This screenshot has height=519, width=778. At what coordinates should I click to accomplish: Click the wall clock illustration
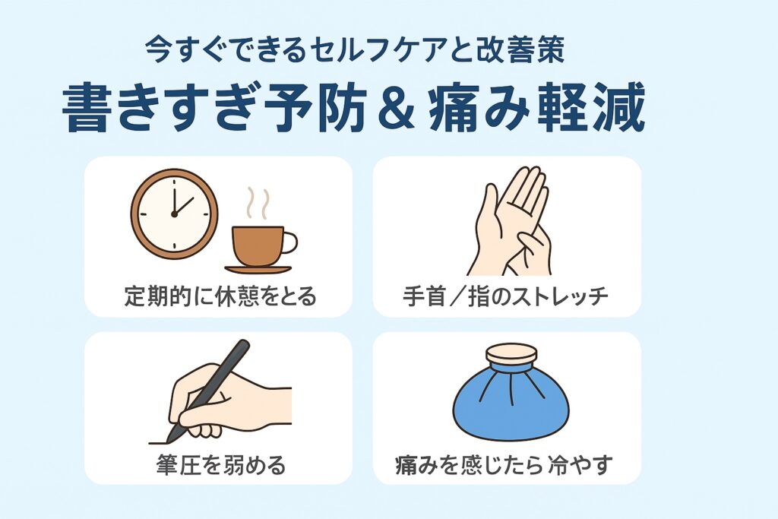point(174,214)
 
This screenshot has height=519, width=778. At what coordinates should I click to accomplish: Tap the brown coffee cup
point(258,246)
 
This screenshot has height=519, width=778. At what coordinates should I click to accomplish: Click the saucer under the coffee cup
point(258,270)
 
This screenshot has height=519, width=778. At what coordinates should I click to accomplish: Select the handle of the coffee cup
point(290,242)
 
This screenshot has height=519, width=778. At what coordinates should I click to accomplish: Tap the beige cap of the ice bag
point(511,354)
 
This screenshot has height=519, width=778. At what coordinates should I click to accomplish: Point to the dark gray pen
point(208,391)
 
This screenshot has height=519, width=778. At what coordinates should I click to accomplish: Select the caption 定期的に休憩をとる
point(220,296)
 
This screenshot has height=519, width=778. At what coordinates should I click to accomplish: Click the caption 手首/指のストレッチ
point(505,296)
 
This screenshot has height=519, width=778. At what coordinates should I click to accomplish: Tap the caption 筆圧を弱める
point(220,465)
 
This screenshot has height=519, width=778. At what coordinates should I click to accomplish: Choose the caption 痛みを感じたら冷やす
point(504,465)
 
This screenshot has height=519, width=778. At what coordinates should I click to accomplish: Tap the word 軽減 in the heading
point(591,108)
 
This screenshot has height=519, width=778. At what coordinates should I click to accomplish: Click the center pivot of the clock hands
point(174,214)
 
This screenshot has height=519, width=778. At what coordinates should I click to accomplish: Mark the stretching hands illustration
point(511,221)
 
